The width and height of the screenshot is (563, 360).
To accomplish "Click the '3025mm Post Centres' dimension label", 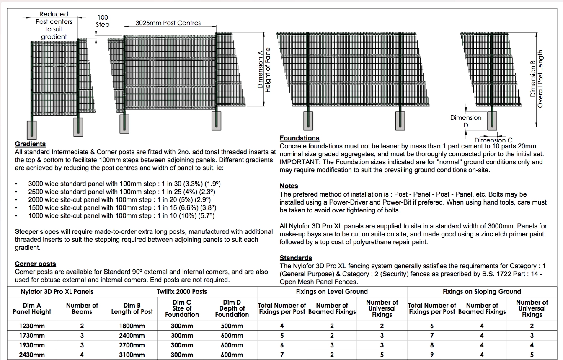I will coord(168,23).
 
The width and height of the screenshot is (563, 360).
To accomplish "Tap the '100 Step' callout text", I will coord(103,21).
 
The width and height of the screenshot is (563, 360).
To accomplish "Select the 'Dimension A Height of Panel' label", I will coord(264,69).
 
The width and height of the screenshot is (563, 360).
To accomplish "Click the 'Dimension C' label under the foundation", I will coord(493,140).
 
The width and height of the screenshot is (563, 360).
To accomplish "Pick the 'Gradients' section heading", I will coord(30,144).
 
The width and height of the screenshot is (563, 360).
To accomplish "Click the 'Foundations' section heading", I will coord(299,138).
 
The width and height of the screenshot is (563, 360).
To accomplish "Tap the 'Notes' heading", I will coord(289,186).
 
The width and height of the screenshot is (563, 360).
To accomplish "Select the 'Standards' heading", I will coord(296,258).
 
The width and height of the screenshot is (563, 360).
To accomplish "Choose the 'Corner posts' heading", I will coord(35,264).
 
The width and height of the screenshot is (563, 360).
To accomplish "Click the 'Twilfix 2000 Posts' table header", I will coord(182,291).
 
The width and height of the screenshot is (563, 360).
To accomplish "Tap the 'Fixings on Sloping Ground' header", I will coord(482,291).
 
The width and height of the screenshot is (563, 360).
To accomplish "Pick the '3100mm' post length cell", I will coord(132,355).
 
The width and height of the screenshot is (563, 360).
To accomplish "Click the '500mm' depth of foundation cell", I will coord(232,326).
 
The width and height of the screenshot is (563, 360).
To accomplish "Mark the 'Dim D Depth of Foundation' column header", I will coord(232,308).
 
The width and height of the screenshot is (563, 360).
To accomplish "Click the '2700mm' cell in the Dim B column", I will coord(132,345).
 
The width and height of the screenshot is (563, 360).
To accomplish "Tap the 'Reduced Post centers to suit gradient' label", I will coord(54,25).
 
